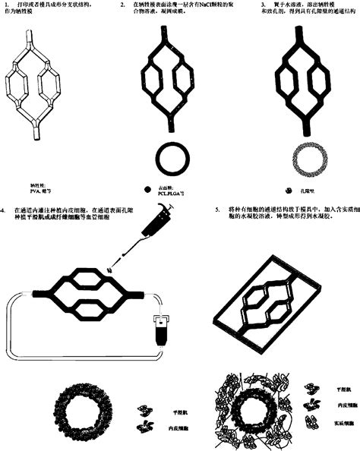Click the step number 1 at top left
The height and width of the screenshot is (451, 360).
pyautogui.click(x=7, y=5)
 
